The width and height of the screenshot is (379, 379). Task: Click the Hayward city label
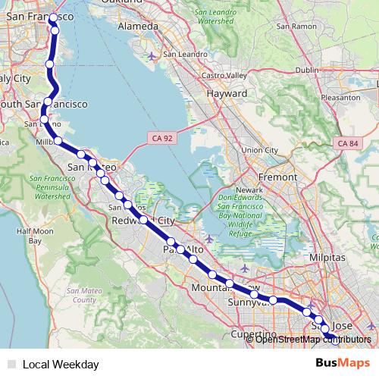pyautogui.click(x=225, y=93)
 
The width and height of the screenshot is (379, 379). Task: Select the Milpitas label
pyautogui.click(x=327, y=258)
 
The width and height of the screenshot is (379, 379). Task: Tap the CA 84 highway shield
pyautogui.click(x=348, y=143)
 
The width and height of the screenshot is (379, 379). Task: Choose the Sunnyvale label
pyautogui.click(x=248, y=302)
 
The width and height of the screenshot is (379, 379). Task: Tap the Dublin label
pyautogui.click(x=309, y=70)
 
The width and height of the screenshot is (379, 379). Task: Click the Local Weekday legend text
pyautogui.click(x=61, y=364)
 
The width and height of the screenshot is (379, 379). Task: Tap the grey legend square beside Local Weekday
pyautogui.click(x=11, y=364)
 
